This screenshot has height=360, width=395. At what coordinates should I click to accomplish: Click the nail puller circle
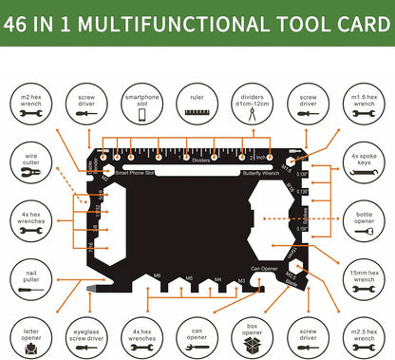(29, 275)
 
